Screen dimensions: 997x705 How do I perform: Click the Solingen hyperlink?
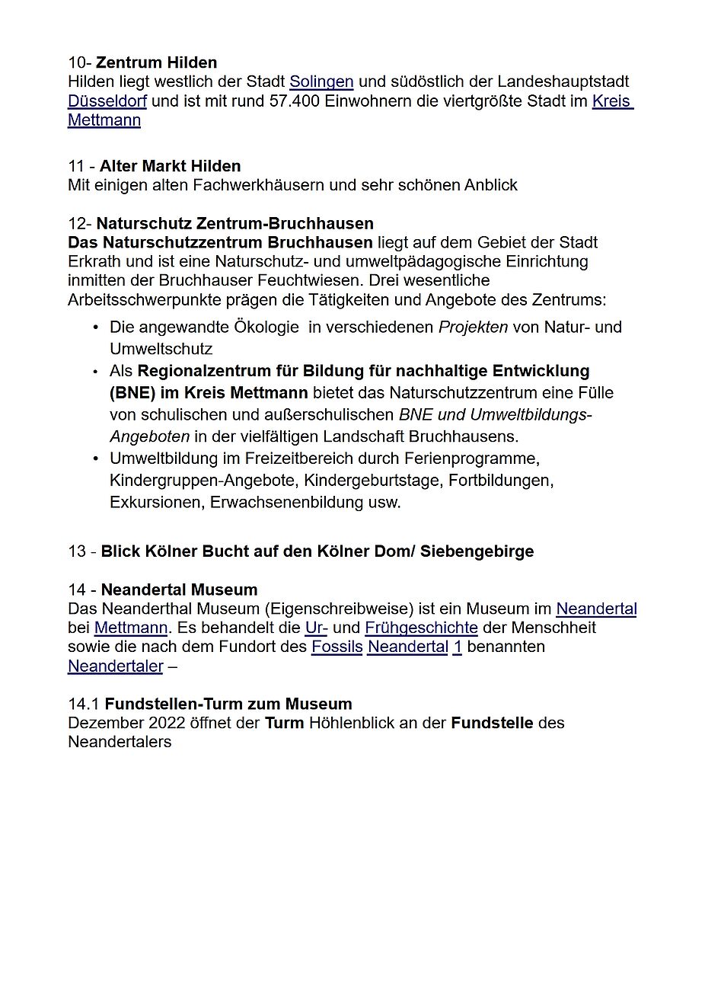coord(321,81)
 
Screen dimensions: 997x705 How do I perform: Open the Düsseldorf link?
coord(107,101)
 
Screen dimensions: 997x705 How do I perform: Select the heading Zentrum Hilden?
coord(156,62)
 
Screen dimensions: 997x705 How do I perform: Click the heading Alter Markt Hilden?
coord(170,166)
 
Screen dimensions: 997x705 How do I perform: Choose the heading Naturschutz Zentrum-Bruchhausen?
coord(234,223)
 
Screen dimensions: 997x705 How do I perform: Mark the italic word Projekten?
coord(473,327)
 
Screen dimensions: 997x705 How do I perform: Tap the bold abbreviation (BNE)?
coord(132,393)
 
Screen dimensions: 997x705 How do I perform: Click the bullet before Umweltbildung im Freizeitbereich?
coord(96,459)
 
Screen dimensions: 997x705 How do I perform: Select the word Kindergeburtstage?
coord(375,481)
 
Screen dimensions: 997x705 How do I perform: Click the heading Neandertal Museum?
coord(179,590)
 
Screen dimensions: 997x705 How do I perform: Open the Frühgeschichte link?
coord(421,628)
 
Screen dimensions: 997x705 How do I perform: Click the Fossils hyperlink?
coord(337,647)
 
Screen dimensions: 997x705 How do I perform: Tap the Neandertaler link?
coord(115,666)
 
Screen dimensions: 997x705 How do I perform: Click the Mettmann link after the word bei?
coord(130,628)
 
